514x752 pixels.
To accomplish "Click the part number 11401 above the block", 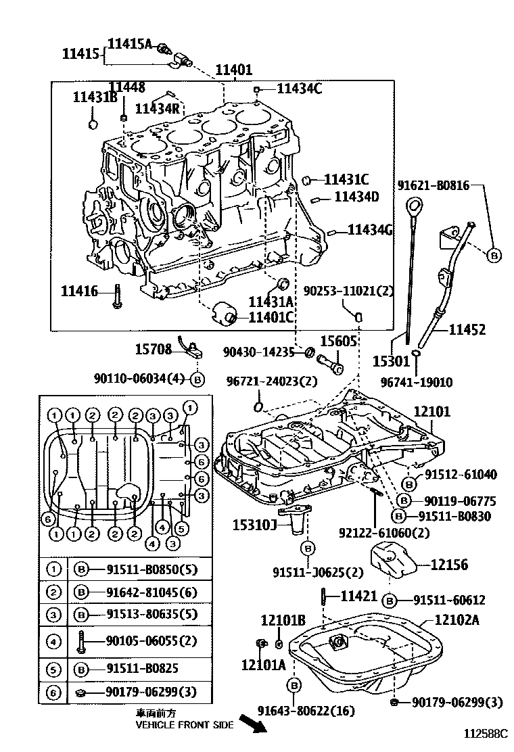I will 234,70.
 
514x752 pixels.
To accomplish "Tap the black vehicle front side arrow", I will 252,726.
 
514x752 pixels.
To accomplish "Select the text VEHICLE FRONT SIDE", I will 185,724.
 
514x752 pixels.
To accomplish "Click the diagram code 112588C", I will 486,734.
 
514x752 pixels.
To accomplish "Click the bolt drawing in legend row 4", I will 81,640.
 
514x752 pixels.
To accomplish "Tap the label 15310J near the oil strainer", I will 255,525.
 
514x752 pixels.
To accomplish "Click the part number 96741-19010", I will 425,382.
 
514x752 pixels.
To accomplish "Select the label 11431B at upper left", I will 95,97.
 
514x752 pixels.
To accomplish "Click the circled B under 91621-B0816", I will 494,254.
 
